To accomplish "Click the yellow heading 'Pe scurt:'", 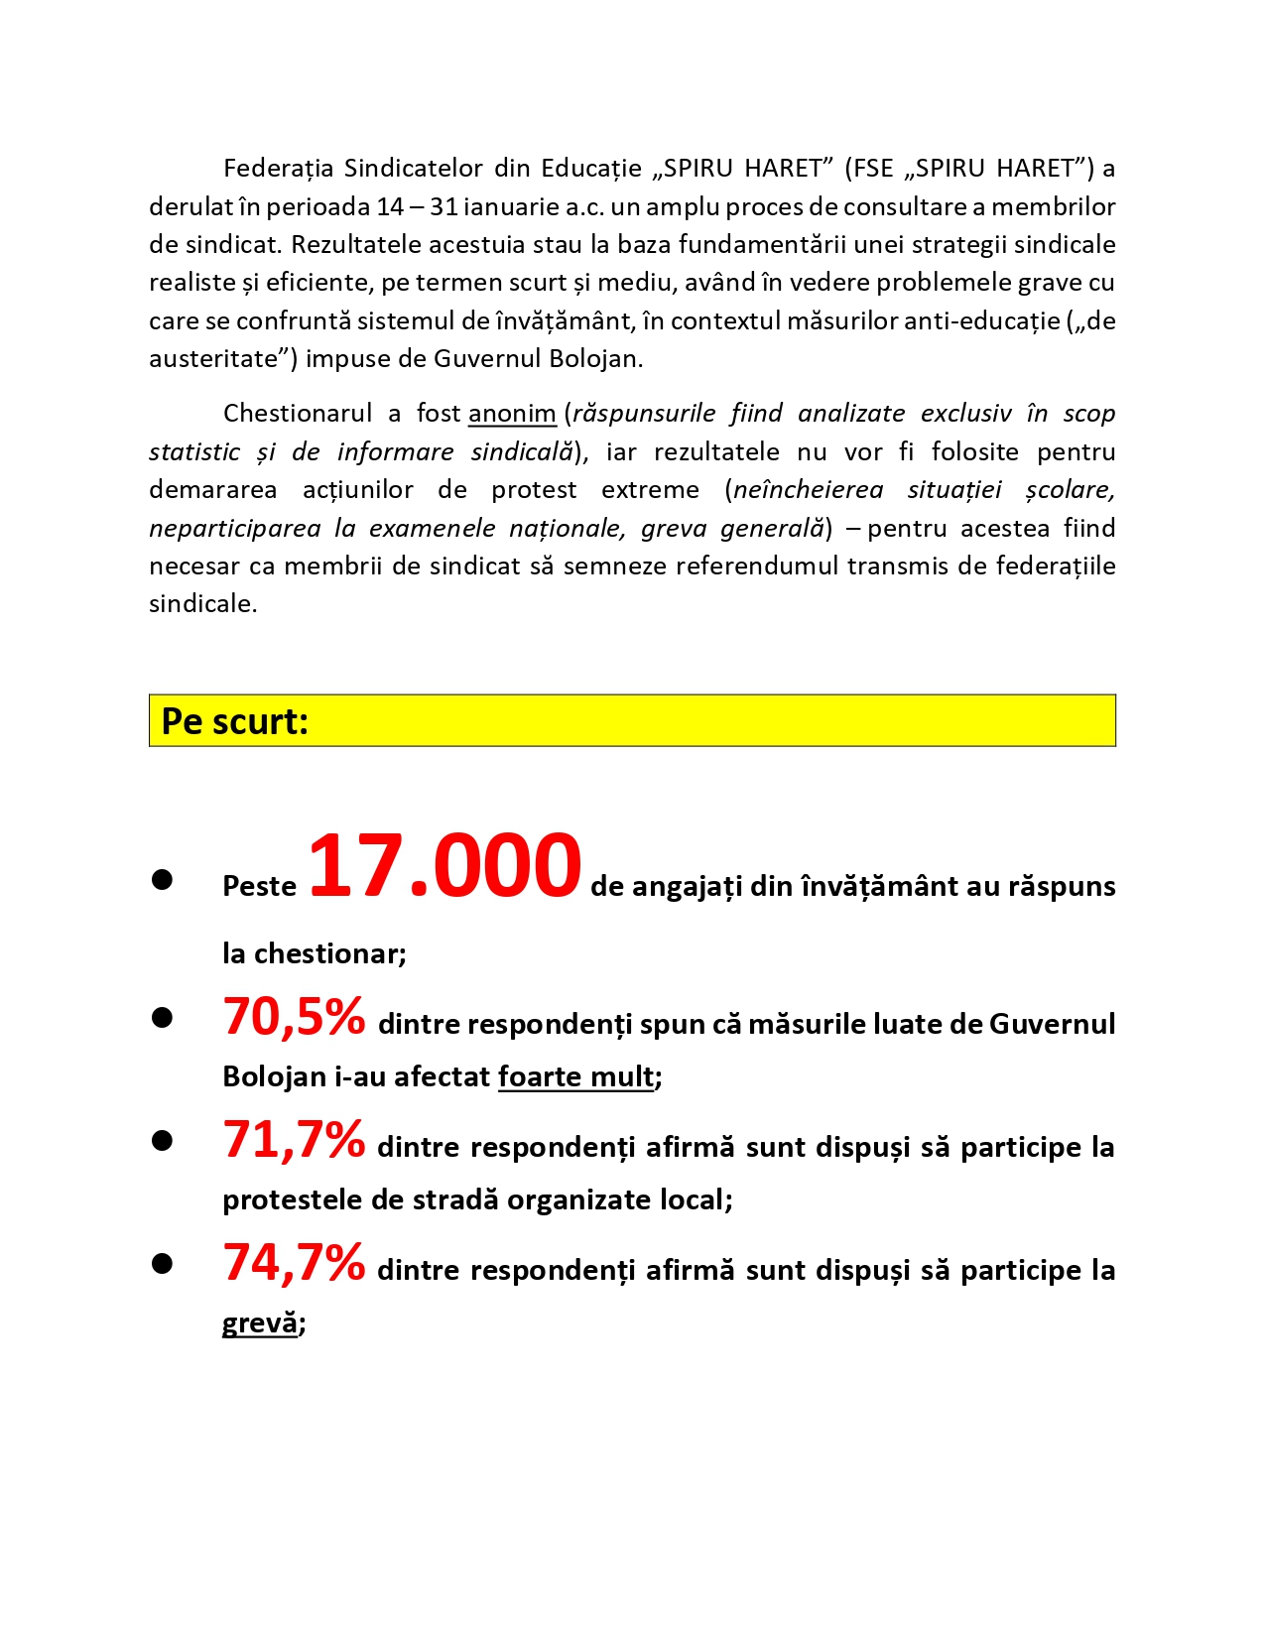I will (235, 721).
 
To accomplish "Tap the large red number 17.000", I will (444, 866).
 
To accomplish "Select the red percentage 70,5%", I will (294, 1017).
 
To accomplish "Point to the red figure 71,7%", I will (294, 1140).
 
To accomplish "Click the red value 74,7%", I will (294, 1263).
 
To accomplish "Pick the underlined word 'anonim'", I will (512, 414).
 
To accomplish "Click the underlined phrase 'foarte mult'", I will (576, 1076).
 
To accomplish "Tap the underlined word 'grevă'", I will (260, 1322).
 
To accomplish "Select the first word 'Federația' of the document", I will (278, 169).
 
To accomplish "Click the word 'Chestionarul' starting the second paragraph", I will (298, 414).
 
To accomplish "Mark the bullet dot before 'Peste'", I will (163, 880).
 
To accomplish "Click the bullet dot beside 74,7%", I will (163, 1264).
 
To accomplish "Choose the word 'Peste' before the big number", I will (260, 886).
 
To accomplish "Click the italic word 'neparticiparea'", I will (235, 529).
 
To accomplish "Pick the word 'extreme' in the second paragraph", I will (650, 490).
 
